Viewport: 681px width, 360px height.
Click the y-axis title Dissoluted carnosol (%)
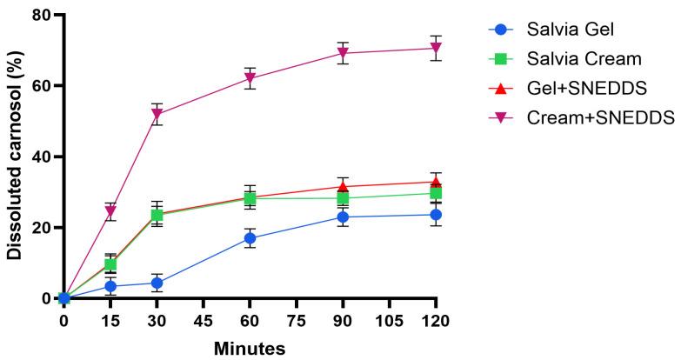pos(15,157)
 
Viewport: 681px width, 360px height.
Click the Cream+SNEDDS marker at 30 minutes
pos(157,114)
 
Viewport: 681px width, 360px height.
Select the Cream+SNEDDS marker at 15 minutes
pos(110,211)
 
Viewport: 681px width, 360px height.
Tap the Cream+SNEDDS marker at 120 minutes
pos(436,48)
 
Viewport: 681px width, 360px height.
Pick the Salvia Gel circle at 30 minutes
pos(157,283)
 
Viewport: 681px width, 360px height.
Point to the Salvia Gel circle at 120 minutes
pos(436,215)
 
